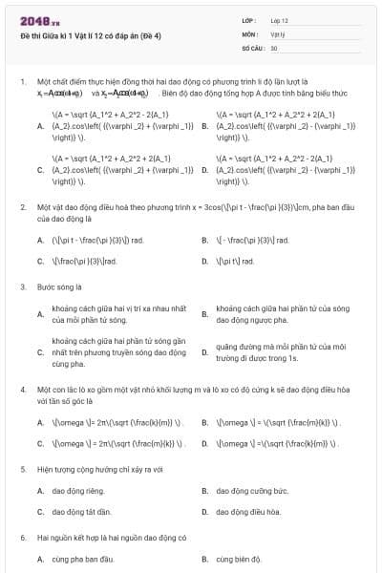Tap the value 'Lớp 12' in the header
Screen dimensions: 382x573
click(279, 19)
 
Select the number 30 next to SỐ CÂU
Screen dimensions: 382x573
click(274, 47)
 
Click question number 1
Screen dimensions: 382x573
click(22, 83)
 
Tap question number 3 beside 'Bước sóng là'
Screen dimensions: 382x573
click(22, 286)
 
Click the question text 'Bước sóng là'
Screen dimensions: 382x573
click(59, 286)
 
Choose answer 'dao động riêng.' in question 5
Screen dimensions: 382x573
click(78, 491)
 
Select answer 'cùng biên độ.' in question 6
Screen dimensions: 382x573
click(239, 559)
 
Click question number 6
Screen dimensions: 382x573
click(22, 538)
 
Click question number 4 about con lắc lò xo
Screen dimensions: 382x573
click(22, 391)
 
